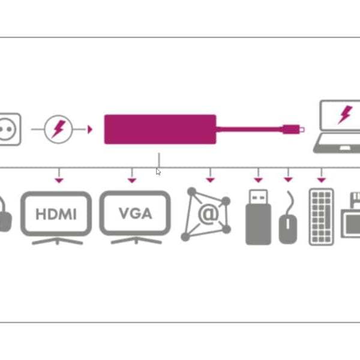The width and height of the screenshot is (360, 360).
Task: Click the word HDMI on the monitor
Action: tap(56, 214)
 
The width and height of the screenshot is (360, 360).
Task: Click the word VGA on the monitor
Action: tap(135, 213)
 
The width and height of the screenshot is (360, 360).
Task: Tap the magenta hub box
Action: tap(160, 129)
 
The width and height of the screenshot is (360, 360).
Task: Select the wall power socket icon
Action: tap(10, 128)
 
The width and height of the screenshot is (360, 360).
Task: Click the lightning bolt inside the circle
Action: tap(59, 128)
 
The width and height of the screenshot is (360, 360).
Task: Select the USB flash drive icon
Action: tap(258, 217)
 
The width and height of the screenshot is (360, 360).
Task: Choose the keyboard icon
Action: tap(321, 217)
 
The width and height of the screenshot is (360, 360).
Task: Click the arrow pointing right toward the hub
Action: tap(90, 129)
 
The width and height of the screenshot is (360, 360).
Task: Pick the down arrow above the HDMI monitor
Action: tap(58, 179)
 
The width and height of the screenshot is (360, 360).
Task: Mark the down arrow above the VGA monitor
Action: tap(132, 179)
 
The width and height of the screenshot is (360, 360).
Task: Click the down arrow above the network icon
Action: tap(210, 179)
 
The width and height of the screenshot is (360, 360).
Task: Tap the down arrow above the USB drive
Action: tap(258, 179)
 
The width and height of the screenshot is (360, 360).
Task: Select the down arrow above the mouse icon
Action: tap(288, 179)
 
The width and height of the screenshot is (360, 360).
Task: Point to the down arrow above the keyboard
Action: tap(321, 179)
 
